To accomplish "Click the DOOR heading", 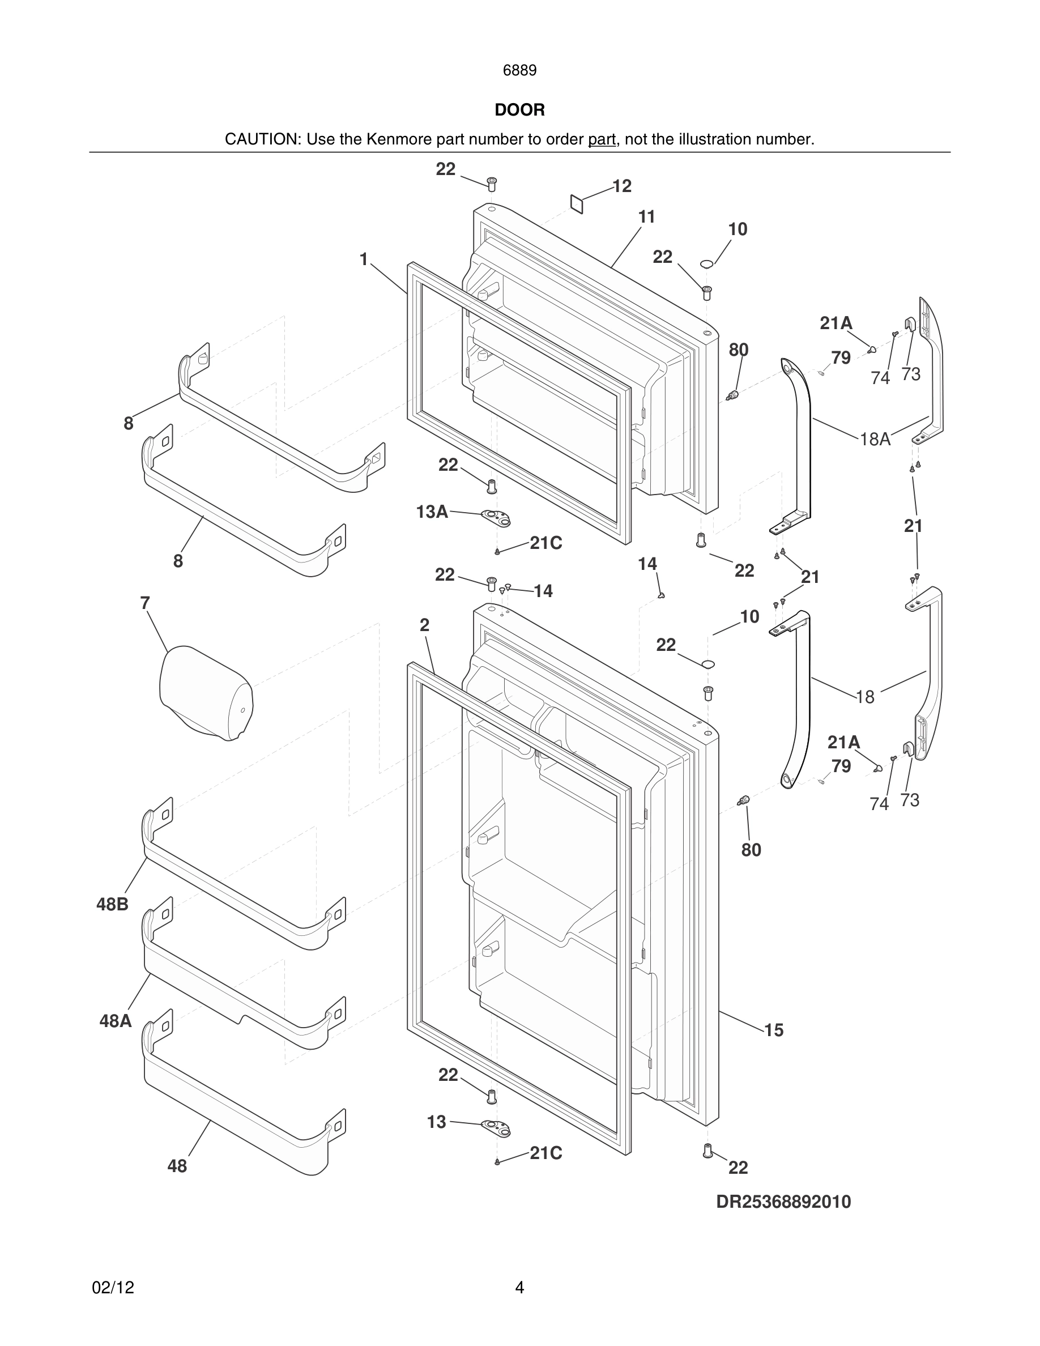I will [x=519, y=110].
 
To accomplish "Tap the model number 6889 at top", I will [x=519, y=71].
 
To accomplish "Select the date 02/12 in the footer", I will [x=113, y=1288].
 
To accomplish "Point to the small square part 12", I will [x=577, y=204].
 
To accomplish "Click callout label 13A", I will [x=432, y=512].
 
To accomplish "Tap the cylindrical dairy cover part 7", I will [x=206, y=693].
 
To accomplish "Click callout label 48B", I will [x=112, y=905].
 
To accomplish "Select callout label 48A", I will [x=115, y=1021].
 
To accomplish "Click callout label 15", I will [x=773, y=1030].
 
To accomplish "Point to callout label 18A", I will [x=875, y=440].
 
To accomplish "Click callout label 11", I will [x=646, y=217].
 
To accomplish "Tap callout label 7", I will [x=145, y=603].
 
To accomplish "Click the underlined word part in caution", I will [x=602, y=140].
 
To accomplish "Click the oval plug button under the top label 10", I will [x=707, y=265].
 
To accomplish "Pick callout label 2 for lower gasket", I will [x=424, y=625].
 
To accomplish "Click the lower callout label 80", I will [x=751, y=850].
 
